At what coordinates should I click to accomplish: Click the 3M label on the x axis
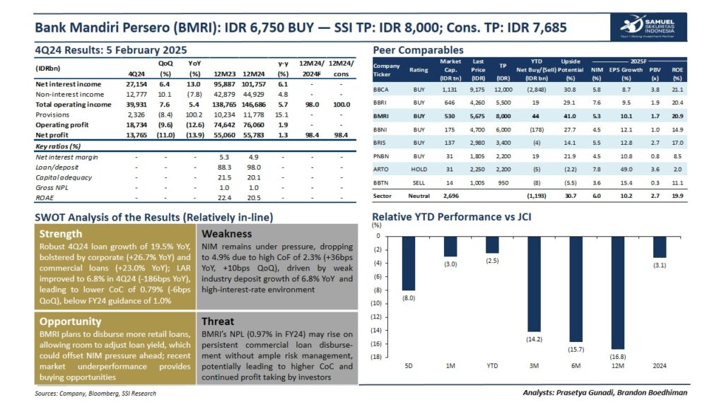[534, 366]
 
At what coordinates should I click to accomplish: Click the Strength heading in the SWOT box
[61, 234]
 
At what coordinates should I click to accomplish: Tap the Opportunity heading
[71, 322]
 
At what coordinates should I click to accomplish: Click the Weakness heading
[229, 234]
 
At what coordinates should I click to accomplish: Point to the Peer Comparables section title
[419, 50]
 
